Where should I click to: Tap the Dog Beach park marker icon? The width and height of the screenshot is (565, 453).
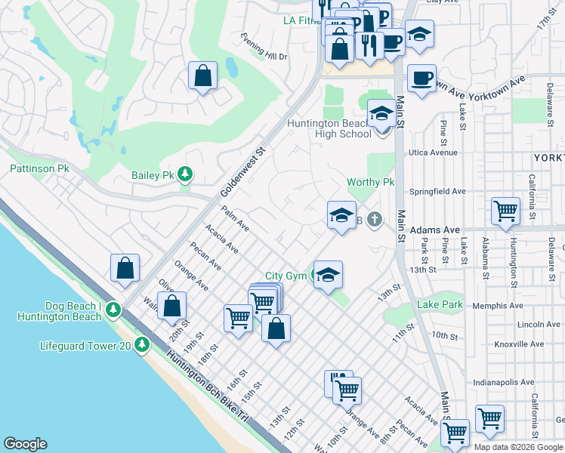coord(113,310)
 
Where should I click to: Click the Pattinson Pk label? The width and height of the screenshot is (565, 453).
coord(39,168)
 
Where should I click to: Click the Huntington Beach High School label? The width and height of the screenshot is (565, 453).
coord(329,129)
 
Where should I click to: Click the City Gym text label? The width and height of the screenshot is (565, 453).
coord(286,276)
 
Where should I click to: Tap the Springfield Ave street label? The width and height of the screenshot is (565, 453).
coord(437,192)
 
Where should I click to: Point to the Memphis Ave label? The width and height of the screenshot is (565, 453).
coord(498,306)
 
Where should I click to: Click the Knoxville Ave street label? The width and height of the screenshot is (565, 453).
coord(518,344)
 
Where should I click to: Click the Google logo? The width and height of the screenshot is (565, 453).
coord(25,444)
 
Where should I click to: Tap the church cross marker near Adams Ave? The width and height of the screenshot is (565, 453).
coord(374,220)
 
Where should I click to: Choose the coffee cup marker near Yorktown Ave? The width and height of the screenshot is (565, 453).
coord(421,77)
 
